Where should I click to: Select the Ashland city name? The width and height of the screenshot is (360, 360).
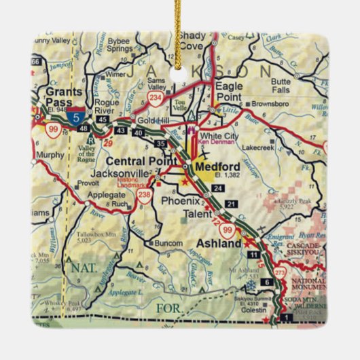click(219, 243)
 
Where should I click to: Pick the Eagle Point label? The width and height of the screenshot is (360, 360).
click(228, 91)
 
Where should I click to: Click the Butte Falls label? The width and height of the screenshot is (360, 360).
click(280, 86)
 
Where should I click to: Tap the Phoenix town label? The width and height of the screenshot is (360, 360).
click(181, 200)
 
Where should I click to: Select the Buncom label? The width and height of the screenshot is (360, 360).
click(168, 242)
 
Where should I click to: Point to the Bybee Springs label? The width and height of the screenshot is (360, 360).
click(120, 44)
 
